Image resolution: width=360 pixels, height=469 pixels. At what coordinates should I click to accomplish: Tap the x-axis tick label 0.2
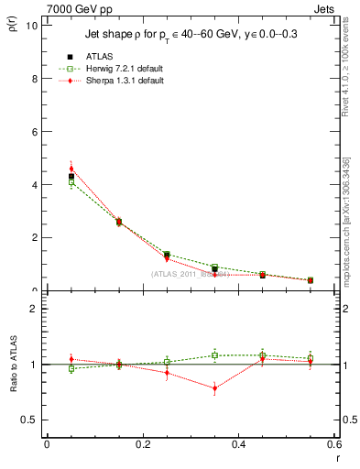142,444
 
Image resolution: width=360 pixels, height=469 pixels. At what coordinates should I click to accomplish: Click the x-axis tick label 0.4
238,444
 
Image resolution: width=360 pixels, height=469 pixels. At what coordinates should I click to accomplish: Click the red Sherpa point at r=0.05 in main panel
71,169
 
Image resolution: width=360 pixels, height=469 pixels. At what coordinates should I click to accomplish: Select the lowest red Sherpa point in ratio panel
215,388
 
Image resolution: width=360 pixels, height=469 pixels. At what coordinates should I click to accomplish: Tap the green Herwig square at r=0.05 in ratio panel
71,368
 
